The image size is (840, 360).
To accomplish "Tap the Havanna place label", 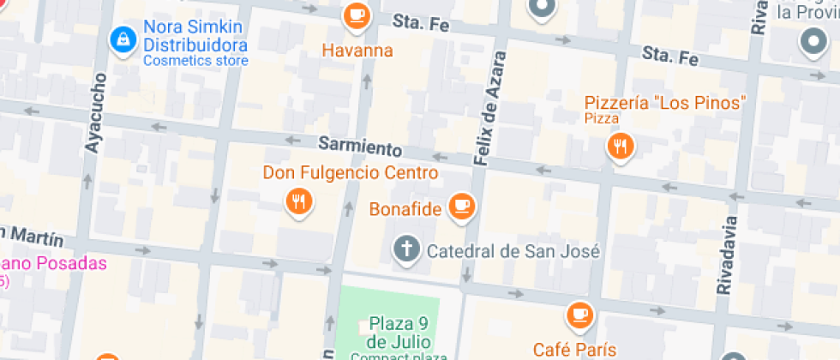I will click(357, 51).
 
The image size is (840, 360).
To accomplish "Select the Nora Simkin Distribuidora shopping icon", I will click(123, 38).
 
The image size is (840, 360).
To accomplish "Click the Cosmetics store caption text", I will click(195, 61).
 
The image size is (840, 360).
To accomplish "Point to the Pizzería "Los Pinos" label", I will click(664, 102).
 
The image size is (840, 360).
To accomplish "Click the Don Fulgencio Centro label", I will click(351, 173).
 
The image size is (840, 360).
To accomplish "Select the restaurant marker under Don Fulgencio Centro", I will click(298, 201).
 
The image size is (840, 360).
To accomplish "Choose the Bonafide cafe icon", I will click(462, 206).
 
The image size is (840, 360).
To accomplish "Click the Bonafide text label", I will click(405, 209).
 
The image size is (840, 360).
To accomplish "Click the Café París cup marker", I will click(580, 315).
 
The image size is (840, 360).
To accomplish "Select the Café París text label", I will click(574, 349).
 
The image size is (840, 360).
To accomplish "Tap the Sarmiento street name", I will click(360, 146).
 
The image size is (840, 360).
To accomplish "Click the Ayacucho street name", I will click(95, 113).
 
